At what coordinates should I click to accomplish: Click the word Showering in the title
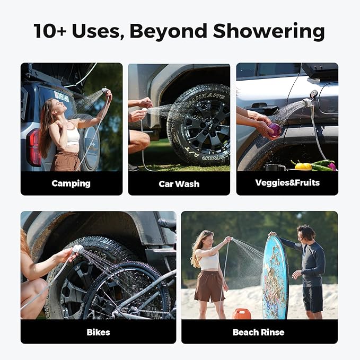tap(270, 31)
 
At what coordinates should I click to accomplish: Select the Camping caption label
tap(71, 184)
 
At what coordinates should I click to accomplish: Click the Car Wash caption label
tap(179, 184)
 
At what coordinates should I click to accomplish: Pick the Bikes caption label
tap(98, 332)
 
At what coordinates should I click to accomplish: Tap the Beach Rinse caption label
tap(259, 332)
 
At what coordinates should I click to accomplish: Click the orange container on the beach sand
tap(242, 314)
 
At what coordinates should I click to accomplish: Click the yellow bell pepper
tap(303, 165)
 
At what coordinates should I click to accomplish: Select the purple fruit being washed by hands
tap(275, 130)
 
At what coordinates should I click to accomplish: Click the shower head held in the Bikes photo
tap(77, 249)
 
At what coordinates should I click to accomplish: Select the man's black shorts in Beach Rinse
tap(313, 299)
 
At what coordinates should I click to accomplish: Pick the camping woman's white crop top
tap(73, 136)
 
